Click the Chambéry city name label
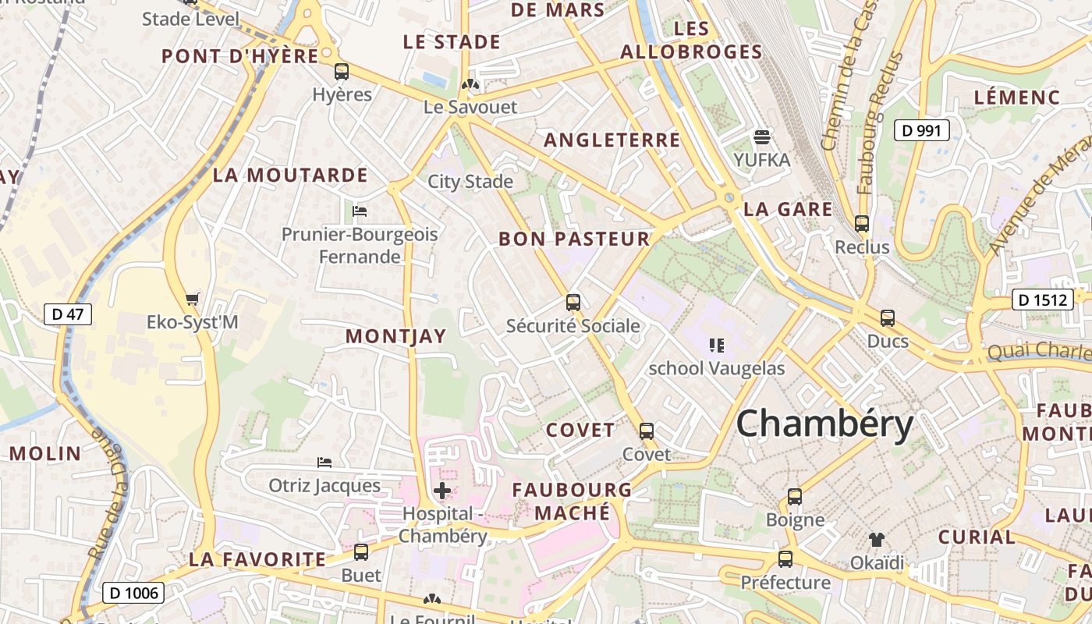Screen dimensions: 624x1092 click(x=824, y=424)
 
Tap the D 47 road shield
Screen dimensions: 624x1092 click(x=68, y=314)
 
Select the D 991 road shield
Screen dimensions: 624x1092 click(x=921, y=130)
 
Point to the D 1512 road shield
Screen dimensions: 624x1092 click(x=1042, y=299)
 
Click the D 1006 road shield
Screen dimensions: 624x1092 click(x=133, y=593)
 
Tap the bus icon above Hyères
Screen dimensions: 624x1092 click(x=342, y=72)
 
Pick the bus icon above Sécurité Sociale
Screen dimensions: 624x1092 click(x=573, y=303)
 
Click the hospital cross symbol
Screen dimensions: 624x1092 click(x=442, y=491)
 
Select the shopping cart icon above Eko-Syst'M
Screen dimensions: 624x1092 click(x=193, y=299)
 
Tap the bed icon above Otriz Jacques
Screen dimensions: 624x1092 click(x=324, y=463)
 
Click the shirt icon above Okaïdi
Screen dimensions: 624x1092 click(x=877, y=539)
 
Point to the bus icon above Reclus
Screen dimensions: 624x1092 click(x=862, y=224)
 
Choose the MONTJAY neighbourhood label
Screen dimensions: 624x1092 click(x=395, y=336)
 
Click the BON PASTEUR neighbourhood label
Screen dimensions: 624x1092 click(x=574, y=239)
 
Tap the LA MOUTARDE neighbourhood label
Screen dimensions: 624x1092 click(x=289, y=175)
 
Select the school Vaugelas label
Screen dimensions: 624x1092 click(x=717, y=368)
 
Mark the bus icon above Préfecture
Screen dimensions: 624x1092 click(x=785, y=559)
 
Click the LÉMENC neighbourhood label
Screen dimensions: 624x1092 click(x=1017, y=97)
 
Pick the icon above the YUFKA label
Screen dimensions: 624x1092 click(x=762, y=137)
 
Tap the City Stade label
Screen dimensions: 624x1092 click(x=470, y=182)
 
